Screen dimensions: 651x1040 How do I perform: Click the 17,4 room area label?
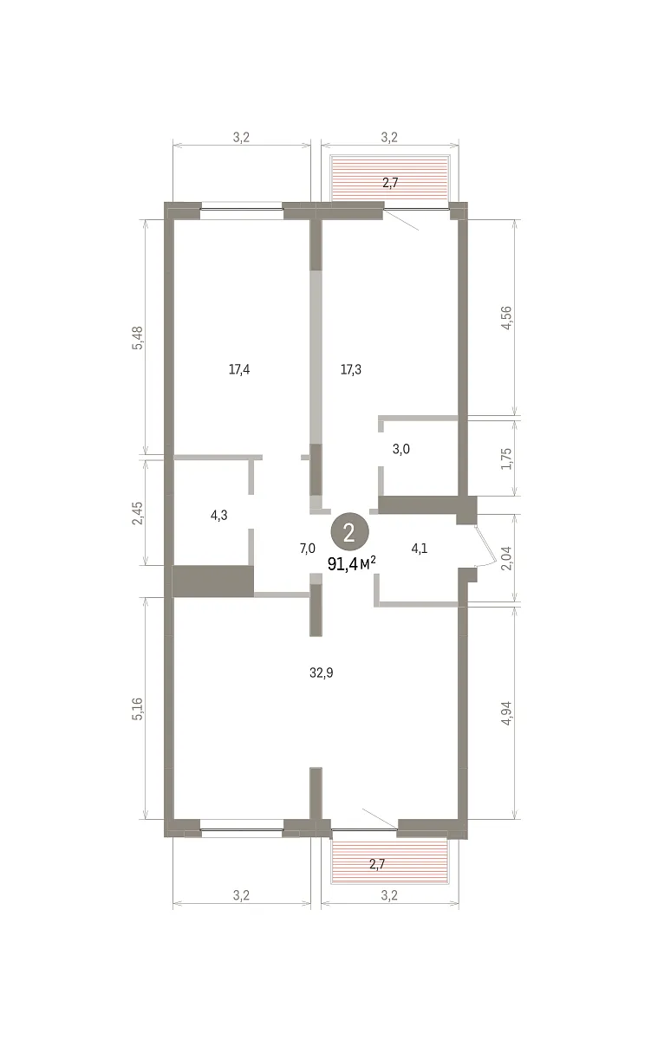pos(239,369)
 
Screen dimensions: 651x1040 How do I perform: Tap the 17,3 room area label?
pos(350,369)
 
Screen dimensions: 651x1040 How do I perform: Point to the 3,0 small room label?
pos(401,449)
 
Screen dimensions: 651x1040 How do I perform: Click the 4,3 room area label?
pos(219,516)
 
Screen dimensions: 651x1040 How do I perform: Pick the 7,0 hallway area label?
pos(308,549)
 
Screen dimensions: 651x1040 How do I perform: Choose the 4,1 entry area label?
pos(420,549)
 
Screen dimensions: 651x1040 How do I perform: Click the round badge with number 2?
pos(349,532)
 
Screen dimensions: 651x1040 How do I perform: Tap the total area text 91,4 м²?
pos(351,563)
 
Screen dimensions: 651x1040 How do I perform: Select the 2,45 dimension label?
pos(138,513)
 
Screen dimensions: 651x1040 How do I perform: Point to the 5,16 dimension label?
pos(138,709)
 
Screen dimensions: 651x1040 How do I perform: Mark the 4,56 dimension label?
pos(506,318)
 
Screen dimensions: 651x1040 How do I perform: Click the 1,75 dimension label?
pos(506,458)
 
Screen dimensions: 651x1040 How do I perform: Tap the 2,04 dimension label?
pos(506,558)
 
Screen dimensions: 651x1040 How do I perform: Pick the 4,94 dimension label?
pos(506,712)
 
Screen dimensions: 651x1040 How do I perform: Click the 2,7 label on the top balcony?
pos(390,183)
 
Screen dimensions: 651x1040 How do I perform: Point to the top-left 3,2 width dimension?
pos(241,138)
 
